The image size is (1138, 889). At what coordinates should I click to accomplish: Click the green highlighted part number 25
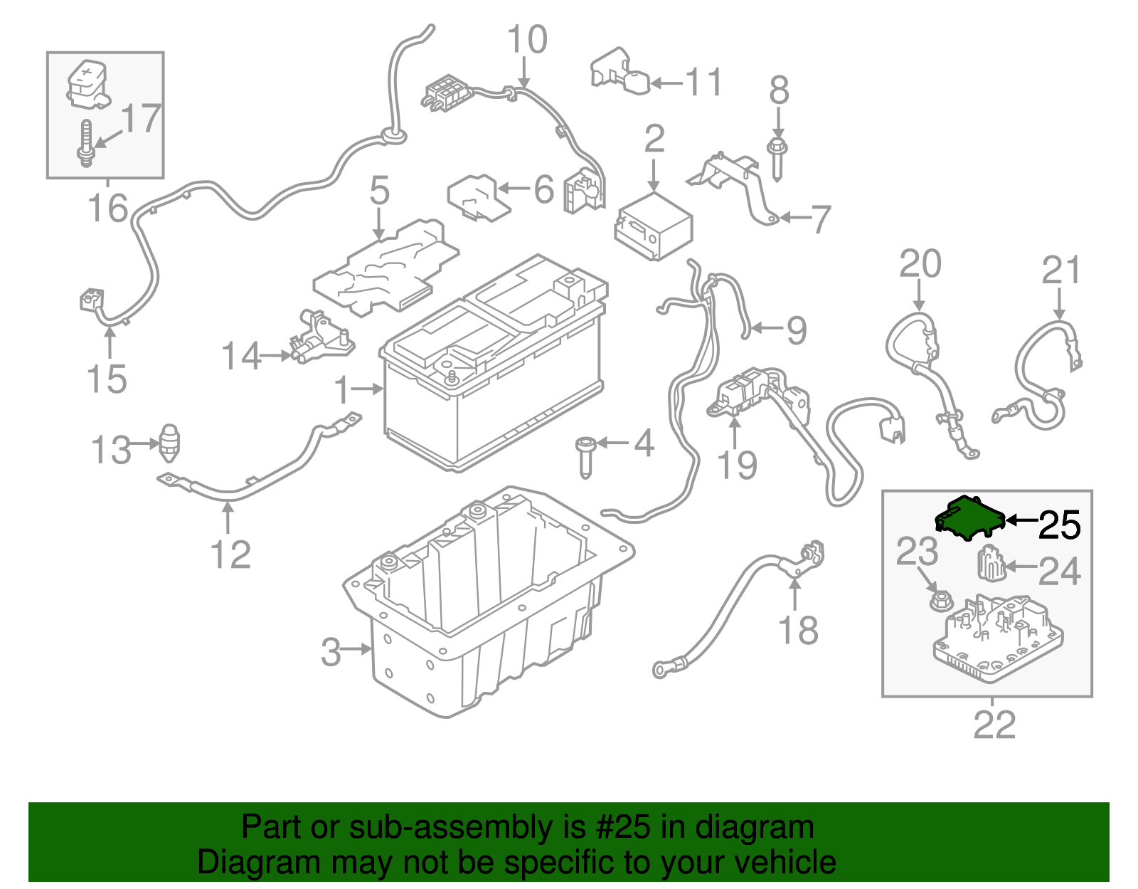(x=970, y=517)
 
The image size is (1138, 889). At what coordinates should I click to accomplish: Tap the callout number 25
(x=1060, y=525)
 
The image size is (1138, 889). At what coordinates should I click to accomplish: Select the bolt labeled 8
(x=777, y=159)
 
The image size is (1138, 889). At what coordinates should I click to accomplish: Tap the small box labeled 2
(x=654, y=226)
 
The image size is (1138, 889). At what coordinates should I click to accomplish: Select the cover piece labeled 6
(x=478, y=199)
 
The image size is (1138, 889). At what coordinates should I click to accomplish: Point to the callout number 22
(x=994, y=725)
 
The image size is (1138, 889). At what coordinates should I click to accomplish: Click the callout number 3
(x=331, y=652)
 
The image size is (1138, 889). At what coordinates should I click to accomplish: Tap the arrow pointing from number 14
(x=275, y=356)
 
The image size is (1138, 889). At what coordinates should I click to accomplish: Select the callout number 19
(x=737, y=465)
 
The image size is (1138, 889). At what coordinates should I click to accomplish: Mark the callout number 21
(x=1061, y=270)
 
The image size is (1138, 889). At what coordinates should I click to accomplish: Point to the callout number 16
(x=108, y=208)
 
